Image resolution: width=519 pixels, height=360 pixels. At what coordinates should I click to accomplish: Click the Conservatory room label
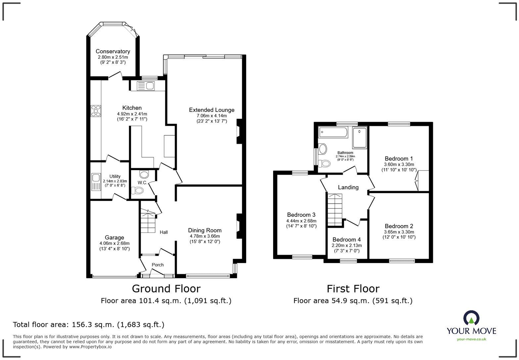coord(113,51)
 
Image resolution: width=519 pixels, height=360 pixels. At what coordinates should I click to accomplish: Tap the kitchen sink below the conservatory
coord(146,86)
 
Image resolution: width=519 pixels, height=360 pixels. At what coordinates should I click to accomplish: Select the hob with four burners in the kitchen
coord(96,111)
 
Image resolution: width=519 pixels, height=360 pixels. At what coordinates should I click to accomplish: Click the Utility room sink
coord(96,182)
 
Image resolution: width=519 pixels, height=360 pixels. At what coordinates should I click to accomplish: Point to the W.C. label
coord(142,183)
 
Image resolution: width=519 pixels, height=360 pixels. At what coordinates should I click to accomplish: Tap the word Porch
coord(158,265)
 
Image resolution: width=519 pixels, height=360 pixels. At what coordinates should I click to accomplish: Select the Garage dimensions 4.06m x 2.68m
coord(114,244)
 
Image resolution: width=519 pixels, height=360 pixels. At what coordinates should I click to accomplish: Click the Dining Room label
coord(205,230)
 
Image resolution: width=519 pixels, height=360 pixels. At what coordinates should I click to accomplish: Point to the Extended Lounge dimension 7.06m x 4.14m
coord(212,116)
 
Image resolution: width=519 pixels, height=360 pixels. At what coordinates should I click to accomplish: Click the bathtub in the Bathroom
coord(333,133)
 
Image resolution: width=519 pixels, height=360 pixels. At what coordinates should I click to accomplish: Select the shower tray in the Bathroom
coord(359,137)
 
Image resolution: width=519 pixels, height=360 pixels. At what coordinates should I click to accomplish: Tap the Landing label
coord(348,187)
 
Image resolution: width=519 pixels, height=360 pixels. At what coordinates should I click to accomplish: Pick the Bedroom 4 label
coord(347,240)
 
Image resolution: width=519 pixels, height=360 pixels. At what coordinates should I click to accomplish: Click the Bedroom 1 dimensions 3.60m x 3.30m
coord(399,164)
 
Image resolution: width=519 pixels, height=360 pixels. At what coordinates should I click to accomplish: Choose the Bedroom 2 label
coord(399,226)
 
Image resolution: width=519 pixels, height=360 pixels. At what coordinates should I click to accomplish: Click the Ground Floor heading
coord(166,289)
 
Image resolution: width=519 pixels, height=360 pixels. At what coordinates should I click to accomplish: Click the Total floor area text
coord(88,325)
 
